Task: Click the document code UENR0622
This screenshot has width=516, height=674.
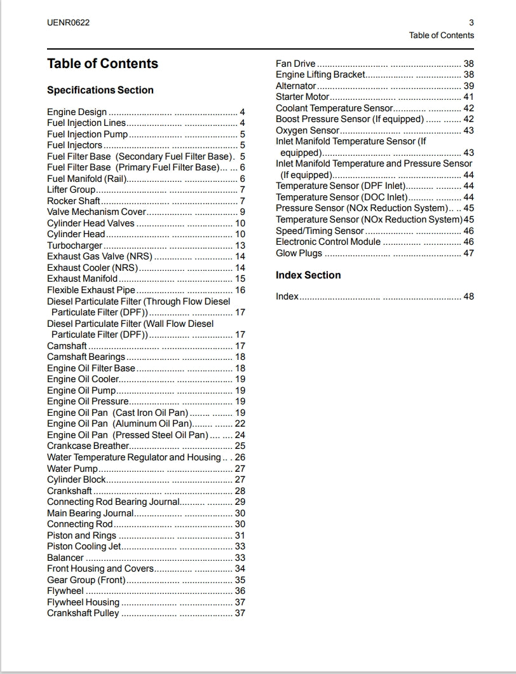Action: [x=68, y=23]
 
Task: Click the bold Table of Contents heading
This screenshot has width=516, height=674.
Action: [x=102, y=64]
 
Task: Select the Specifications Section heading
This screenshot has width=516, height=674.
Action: [x=100, y=90]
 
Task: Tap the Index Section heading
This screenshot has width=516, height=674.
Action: [x=308, y=275]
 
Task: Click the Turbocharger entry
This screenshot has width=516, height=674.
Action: [x=75, y=245]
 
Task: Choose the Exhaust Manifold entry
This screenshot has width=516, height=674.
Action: [x=82, y=279]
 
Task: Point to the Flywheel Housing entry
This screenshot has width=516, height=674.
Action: [x=83, y=602]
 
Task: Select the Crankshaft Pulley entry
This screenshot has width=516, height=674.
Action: [x=83, y=614]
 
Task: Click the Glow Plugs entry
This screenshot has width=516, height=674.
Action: [x=299, y=253]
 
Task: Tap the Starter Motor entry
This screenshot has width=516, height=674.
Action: [x=302, y=97]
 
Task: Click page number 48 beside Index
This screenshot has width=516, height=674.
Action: [x=468, y=296]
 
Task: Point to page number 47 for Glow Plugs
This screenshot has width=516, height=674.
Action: [x=468, y=253]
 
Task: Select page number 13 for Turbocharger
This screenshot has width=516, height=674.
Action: [x=240, y=245]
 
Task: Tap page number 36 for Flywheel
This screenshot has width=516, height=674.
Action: [x=240, y=591]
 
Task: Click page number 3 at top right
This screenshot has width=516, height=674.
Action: [x=471, y=23]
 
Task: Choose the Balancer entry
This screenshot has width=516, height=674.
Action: [x=65, y=558]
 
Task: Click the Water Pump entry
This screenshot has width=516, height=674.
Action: [x=72, y=469]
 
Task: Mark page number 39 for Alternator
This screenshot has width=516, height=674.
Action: [x=468, y=86]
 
